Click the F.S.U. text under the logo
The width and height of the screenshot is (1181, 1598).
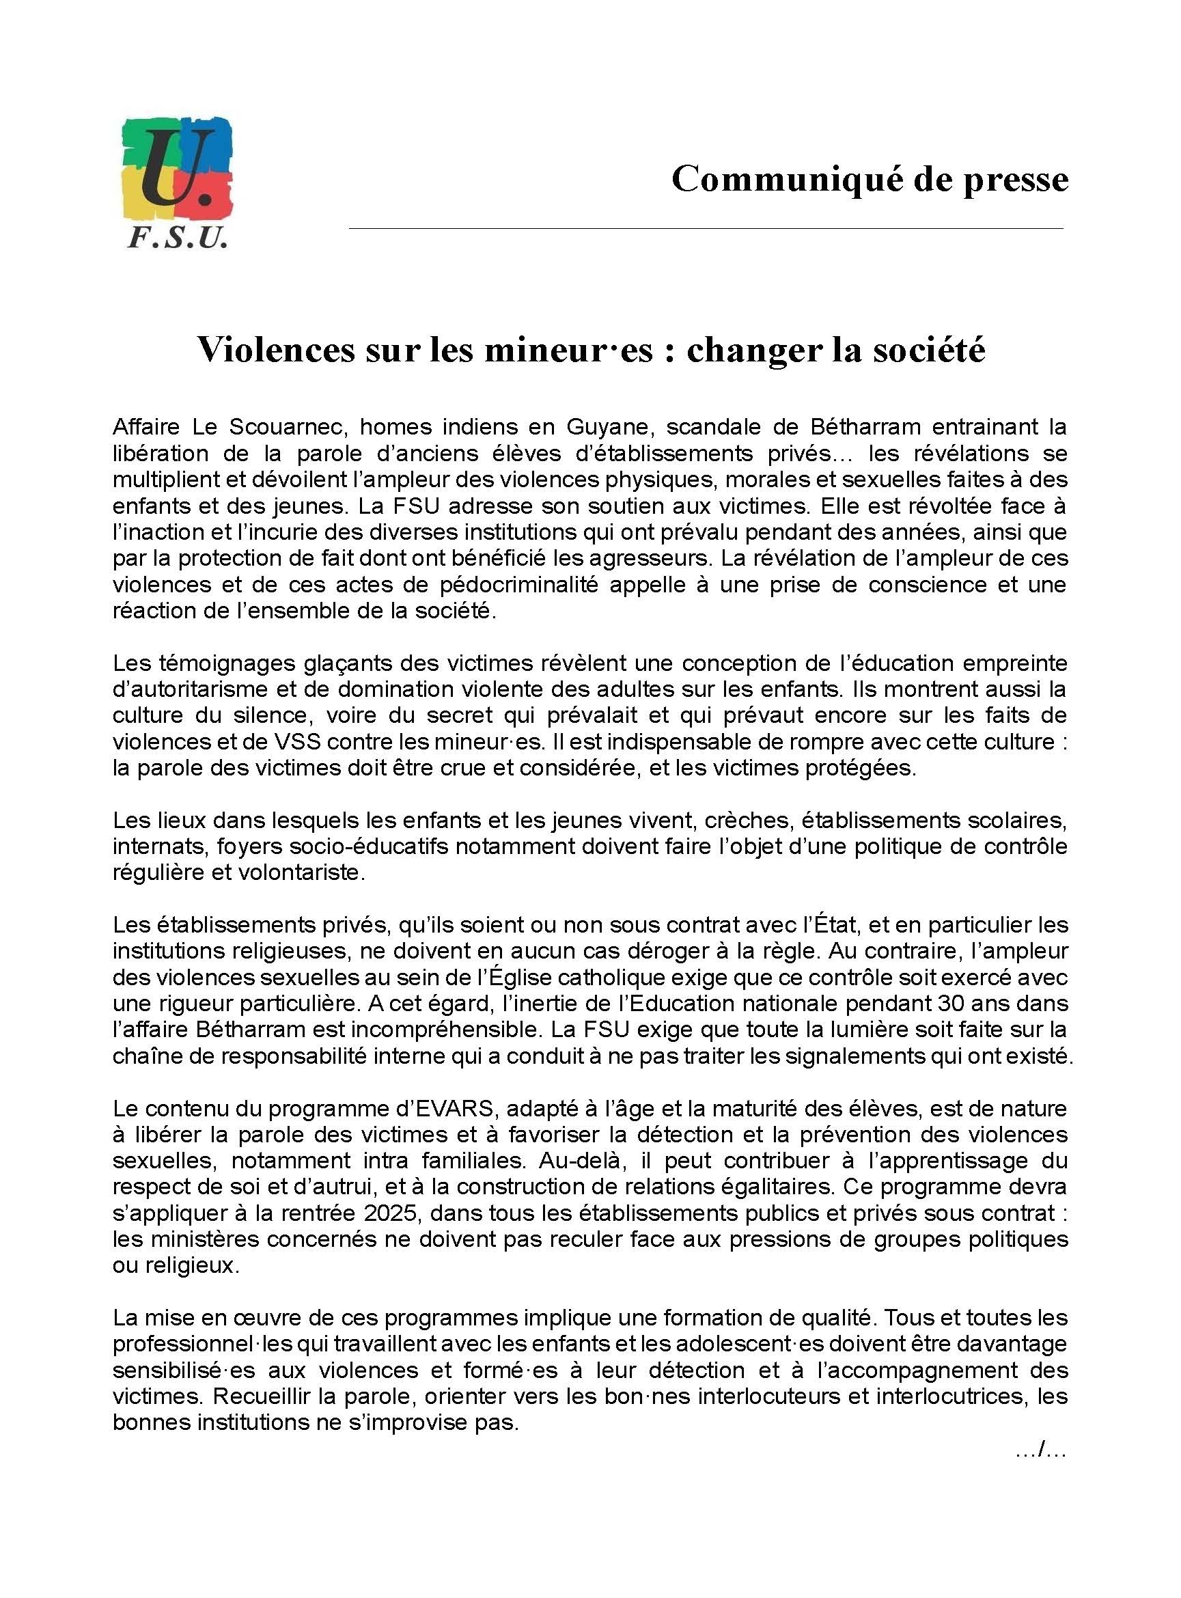tap(178, 237)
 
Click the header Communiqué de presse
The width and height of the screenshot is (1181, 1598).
tap(870, 179)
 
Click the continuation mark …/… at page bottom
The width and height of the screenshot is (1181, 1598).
tap(1041, 1449)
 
